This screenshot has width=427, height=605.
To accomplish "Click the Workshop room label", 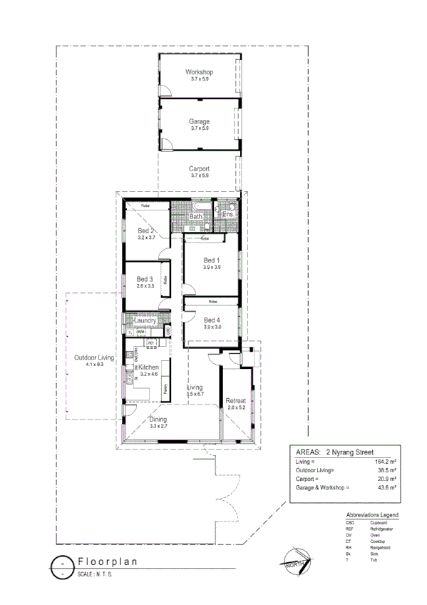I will point(199,73).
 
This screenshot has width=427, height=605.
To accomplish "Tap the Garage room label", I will point(199,121).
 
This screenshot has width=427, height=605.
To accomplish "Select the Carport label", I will point(200,168).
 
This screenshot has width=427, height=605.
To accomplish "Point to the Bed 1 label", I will point(212,260).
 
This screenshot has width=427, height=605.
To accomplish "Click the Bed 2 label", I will point(146,230).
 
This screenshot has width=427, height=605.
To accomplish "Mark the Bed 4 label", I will point(212,320).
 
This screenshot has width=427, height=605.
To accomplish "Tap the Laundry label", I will point(145,321).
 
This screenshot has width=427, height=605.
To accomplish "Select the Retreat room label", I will point(235,401).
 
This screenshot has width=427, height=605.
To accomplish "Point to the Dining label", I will point(158,420).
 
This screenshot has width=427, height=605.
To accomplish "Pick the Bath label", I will point(195,215).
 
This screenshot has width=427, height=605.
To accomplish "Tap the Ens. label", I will point(228,214).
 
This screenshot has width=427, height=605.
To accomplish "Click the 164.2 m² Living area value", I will point(386,462).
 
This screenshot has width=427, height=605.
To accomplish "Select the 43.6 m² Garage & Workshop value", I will point(386,488).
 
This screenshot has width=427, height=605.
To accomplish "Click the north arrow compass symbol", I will point(295,559).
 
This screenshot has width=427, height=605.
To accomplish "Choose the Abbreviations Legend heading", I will point(372,514).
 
